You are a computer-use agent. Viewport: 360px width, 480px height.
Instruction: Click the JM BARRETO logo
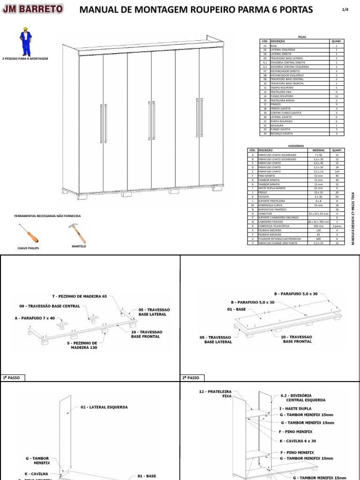33,9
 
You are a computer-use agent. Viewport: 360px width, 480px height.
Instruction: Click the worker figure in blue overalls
25,43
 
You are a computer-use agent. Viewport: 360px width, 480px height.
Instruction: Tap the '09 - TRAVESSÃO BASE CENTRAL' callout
52,306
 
